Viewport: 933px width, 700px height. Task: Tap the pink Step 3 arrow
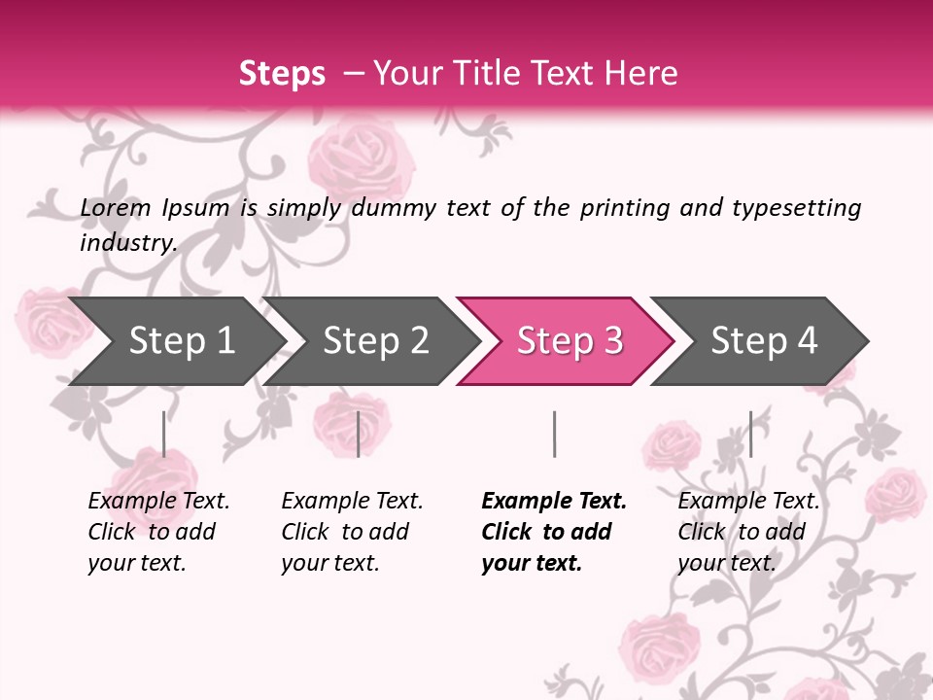[570, 341]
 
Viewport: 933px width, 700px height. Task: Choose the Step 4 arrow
[764, 341]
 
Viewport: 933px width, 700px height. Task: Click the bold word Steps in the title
[282, 74]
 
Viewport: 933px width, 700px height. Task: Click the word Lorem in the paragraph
[116, 208]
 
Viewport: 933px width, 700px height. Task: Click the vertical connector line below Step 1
[164, 434]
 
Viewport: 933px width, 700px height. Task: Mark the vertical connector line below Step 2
[359, 434]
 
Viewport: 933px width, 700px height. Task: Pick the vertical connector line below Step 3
[554, 434]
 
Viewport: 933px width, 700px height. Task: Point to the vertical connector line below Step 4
[750, 434]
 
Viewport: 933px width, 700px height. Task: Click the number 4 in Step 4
[806, 341]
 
